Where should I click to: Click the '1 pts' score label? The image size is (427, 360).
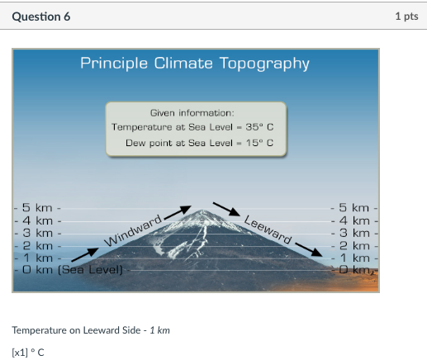406,17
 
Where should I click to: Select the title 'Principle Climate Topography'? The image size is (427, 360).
195,64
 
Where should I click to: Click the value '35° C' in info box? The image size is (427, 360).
259,127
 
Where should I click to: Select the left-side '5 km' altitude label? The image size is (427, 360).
38,208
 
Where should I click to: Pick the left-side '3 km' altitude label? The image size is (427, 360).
38,233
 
